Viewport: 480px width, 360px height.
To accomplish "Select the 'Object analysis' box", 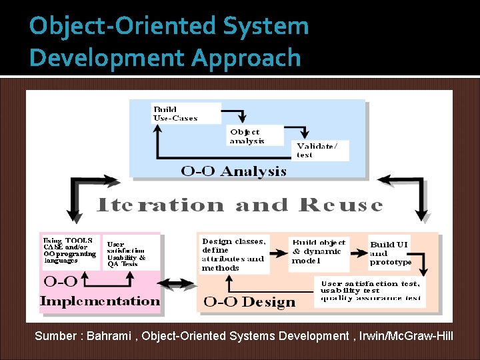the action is tap(247, 136).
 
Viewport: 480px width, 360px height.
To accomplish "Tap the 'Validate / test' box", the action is tap(321, 150).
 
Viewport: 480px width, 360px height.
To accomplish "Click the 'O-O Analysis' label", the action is tap(234, 171).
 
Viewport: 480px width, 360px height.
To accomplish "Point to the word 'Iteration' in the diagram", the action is tap(159, 205).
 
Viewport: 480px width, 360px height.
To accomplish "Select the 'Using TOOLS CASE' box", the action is tap(69, 250).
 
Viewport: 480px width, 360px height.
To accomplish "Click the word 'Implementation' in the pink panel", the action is tap(100, 301).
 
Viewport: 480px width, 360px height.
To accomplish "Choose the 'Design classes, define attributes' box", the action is tap(233, 255).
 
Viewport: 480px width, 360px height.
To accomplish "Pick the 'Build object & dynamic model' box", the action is tap(319, 251).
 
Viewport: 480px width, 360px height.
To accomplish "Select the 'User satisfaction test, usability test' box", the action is tap(371, 291).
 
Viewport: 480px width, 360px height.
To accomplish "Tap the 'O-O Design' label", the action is tap(249, 302).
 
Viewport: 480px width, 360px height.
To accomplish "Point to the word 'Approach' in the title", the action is tap(246, 58).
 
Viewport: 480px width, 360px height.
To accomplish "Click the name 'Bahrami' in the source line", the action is tap(110, 336).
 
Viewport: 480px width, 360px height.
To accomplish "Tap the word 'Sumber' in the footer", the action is tap(55, 336).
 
